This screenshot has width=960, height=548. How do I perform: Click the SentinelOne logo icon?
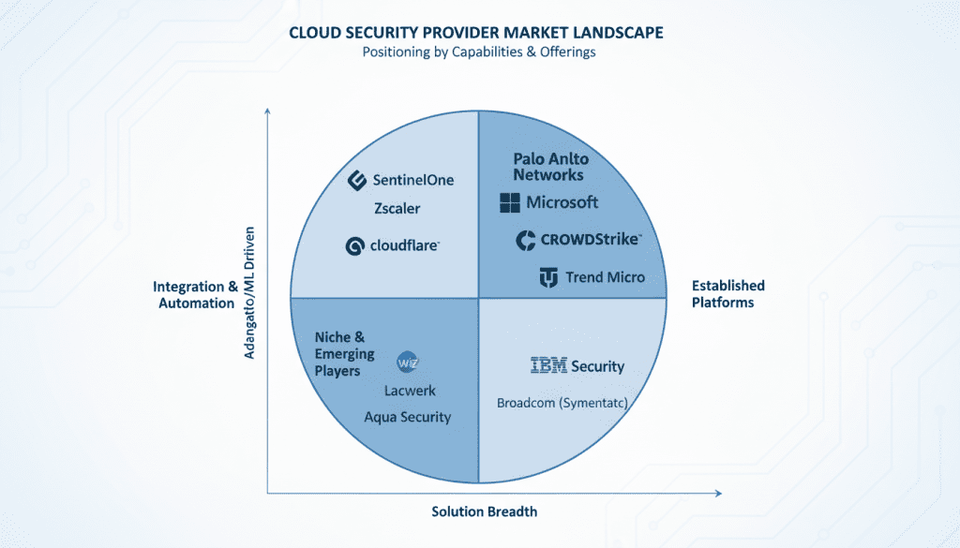356,180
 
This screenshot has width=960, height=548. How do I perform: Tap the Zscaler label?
397,208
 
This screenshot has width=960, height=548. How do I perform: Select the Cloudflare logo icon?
354,246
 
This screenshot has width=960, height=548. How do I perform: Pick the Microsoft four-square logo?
510,202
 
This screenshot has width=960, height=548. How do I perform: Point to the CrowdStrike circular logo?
526,240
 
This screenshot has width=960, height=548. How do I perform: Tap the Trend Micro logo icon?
548,277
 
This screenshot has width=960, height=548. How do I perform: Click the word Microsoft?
562,202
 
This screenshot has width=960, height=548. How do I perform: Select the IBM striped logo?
548,366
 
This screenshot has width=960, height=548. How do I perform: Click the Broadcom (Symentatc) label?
562,403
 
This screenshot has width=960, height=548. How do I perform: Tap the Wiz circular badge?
407,362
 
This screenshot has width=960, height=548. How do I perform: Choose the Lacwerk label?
410,391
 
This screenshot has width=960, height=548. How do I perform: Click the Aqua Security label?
407,417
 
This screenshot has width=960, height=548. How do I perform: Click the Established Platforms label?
728,293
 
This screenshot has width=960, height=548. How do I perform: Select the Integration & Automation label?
195,294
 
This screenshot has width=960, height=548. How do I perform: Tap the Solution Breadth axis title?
484,511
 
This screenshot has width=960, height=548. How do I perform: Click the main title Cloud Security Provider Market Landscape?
476,33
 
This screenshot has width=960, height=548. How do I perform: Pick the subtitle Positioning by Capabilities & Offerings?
479,52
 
